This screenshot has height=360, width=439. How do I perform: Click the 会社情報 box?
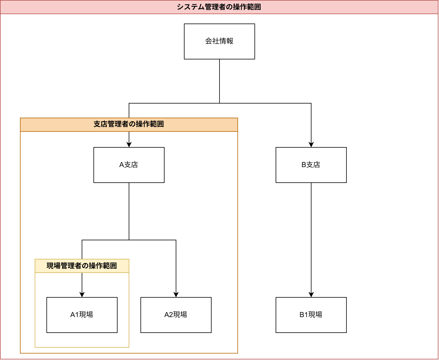(219, 41)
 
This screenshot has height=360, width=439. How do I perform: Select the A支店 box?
(129, 165)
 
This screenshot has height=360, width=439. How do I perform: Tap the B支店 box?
(311, 165)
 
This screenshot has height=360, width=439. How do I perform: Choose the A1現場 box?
(82, 315)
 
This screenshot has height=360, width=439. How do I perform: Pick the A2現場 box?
(176, 315)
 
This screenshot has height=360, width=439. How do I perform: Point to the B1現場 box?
(311, 315)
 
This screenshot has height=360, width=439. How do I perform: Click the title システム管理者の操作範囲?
(219, 7)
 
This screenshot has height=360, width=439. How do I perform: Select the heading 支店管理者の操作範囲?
(129, 124)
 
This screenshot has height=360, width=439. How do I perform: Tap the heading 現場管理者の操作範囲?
(82, 266)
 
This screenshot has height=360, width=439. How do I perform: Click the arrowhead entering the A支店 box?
(129, 144)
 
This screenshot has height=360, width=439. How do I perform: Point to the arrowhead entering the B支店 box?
(311, 144)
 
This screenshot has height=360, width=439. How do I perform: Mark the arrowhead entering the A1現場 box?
(82, 294)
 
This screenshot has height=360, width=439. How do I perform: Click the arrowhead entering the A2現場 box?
(176, 294)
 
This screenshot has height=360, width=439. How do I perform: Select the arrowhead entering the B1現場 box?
(311, 294)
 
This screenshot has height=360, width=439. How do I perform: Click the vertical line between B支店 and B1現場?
(311, 235)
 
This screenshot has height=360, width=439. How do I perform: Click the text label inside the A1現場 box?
(82, 315)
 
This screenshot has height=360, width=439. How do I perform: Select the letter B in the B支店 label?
(304, 165)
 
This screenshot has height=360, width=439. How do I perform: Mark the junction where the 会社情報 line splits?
(219, 103)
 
